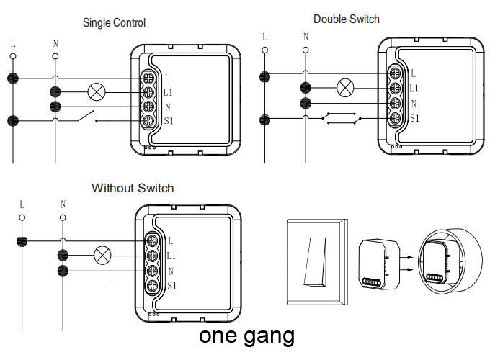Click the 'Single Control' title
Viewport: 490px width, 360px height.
[114, 23]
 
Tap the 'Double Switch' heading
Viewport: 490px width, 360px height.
[346, 19]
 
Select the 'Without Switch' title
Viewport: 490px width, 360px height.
[133, 188]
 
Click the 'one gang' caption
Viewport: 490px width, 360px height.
[246, 335]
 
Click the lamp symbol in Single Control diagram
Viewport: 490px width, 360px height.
[97, 92]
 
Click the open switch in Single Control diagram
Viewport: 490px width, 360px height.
[86, 117]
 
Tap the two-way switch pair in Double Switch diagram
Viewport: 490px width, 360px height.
[340, 117]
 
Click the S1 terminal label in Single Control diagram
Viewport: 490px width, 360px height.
[169, 121]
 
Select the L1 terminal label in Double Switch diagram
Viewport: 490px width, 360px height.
[414, 89]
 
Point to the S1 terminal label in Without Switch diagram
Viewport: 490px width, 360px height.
[172, 286]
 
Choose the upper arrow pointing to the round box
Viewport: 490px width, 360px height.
[406, 253]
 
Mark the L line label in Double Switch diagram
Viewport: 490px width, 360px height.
[264, 37]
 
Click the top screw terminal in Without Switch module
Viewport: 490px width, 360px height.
[153, 240]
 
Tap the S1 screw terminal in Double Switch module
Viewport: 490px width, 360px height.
[395, 119]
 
